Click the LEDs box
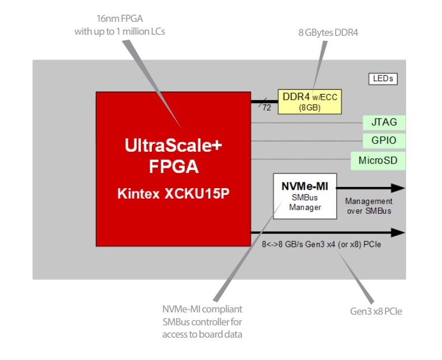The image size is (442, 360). coord(383,79)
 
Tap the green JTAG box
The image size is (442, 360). coord(384,122)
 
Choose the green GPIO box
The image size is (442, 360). coord(384,141)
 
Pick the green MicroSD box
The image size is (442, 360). coord(378,161)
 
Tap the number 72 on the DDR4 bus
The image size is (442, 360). coord(267,107)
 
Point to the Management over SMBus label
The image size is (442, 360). coord(368,205)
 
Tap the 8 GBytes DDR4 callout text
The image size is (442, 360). coord(328,32)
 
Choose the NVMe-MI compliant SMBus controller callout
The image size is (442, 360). coord(202,321)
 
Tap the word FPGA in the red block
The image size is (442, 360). coord(173,166)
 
